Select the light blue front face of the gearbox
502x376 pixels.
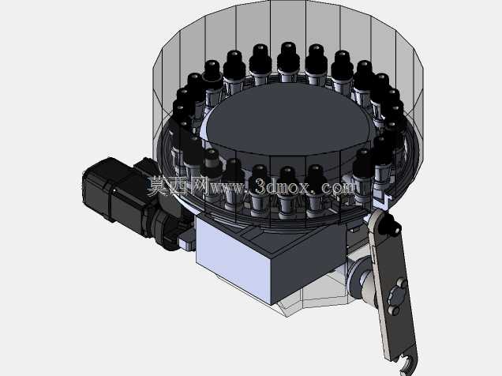click(233, 262)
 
